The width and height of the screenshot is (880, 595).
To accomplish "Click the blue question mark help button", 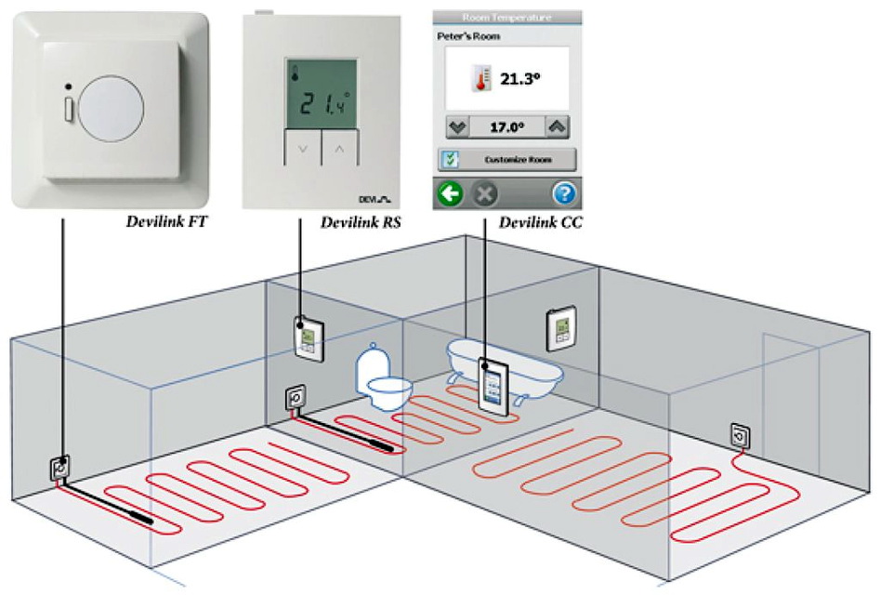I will (x=565, y=195).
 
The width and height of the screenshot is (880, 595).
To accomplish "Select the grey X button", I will (x=483, y=195).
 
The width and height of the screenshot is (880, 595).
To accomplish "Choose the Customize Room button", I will (x=507, y=160).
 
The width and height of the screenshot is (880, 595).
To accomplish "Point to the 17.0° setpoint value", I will (x=507, y=126).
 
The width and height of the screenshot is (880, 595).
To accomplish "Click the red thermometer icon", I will (x=480, y=78).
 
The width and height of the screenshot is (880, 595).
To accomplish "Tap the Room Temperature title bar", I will (x=507, y=16).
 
